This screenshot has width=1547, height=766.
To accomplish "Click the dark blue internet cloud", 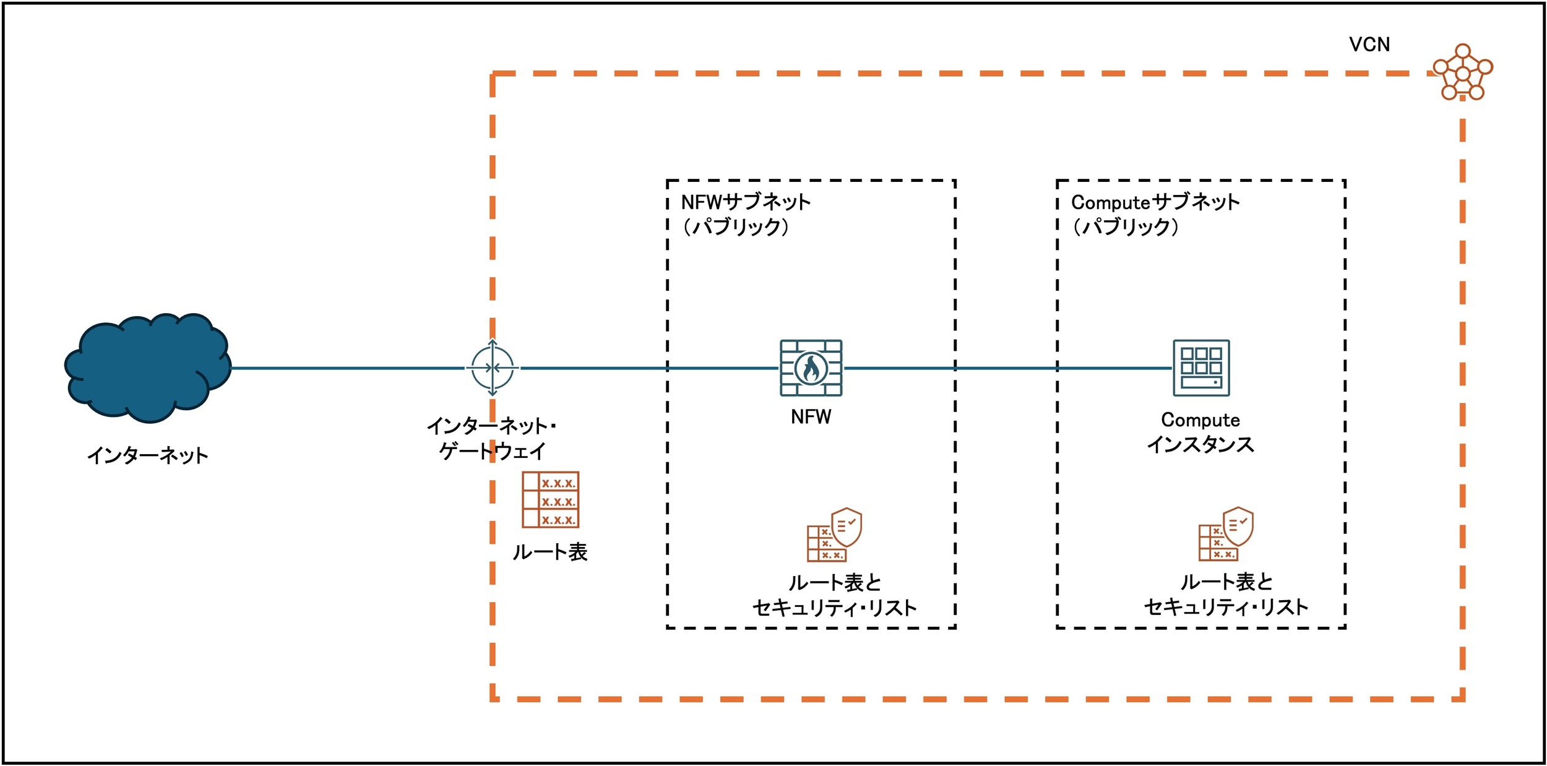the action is (x=148, y=368).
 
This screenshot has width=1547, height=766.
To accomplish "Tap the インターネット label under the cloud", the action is (x=148, y=455).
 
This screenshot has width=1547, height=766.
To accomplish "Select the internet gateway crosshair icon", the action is (x=492, y=368).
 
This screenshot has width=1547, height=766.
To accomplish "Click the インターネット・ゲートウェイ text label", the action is (x=492, y=438).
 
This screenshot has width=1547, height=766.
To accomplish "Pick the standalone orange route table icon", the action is (x=550, y=499).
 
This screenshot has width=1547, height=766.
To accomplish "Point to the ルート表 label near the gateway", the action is (x=550, y=551).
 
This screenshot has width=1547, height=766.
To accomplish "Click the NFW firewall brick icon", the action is (x=811, y=368).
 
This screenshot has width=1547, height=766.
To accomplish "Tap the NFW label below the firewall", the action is (x=811, y=417).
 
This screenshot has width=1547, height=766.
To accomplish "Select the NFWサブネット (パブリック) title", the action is (x=746, y=214).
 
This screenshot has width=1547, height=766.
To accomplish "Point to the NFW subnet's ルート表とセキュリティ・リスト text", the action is (x=834, y=595).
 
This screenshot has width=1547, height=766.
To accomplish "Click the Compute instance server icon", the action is (x=1201, y=368).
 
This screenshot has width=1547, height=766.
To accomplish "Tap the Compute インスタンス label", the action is (x=1200, y=432).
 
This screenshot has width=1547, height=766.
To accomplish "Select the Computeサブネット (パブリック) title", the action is (x=1155, y=214).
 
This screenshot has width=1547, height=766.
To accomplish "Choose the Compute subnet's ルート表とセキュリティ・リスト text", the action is (x=1226, y=594).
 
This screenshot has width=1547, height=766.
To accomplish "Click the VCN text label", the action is (x=1369, y=45).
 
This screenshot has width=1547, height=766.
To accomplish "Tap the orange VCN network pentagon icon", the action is (x=1463, y=72).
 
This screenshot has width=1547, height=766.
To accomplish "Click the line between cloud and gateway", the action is (x=348, y=368).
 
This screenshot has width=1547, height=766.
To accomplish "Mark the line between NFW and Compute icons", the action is (x=1007, y=368).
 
